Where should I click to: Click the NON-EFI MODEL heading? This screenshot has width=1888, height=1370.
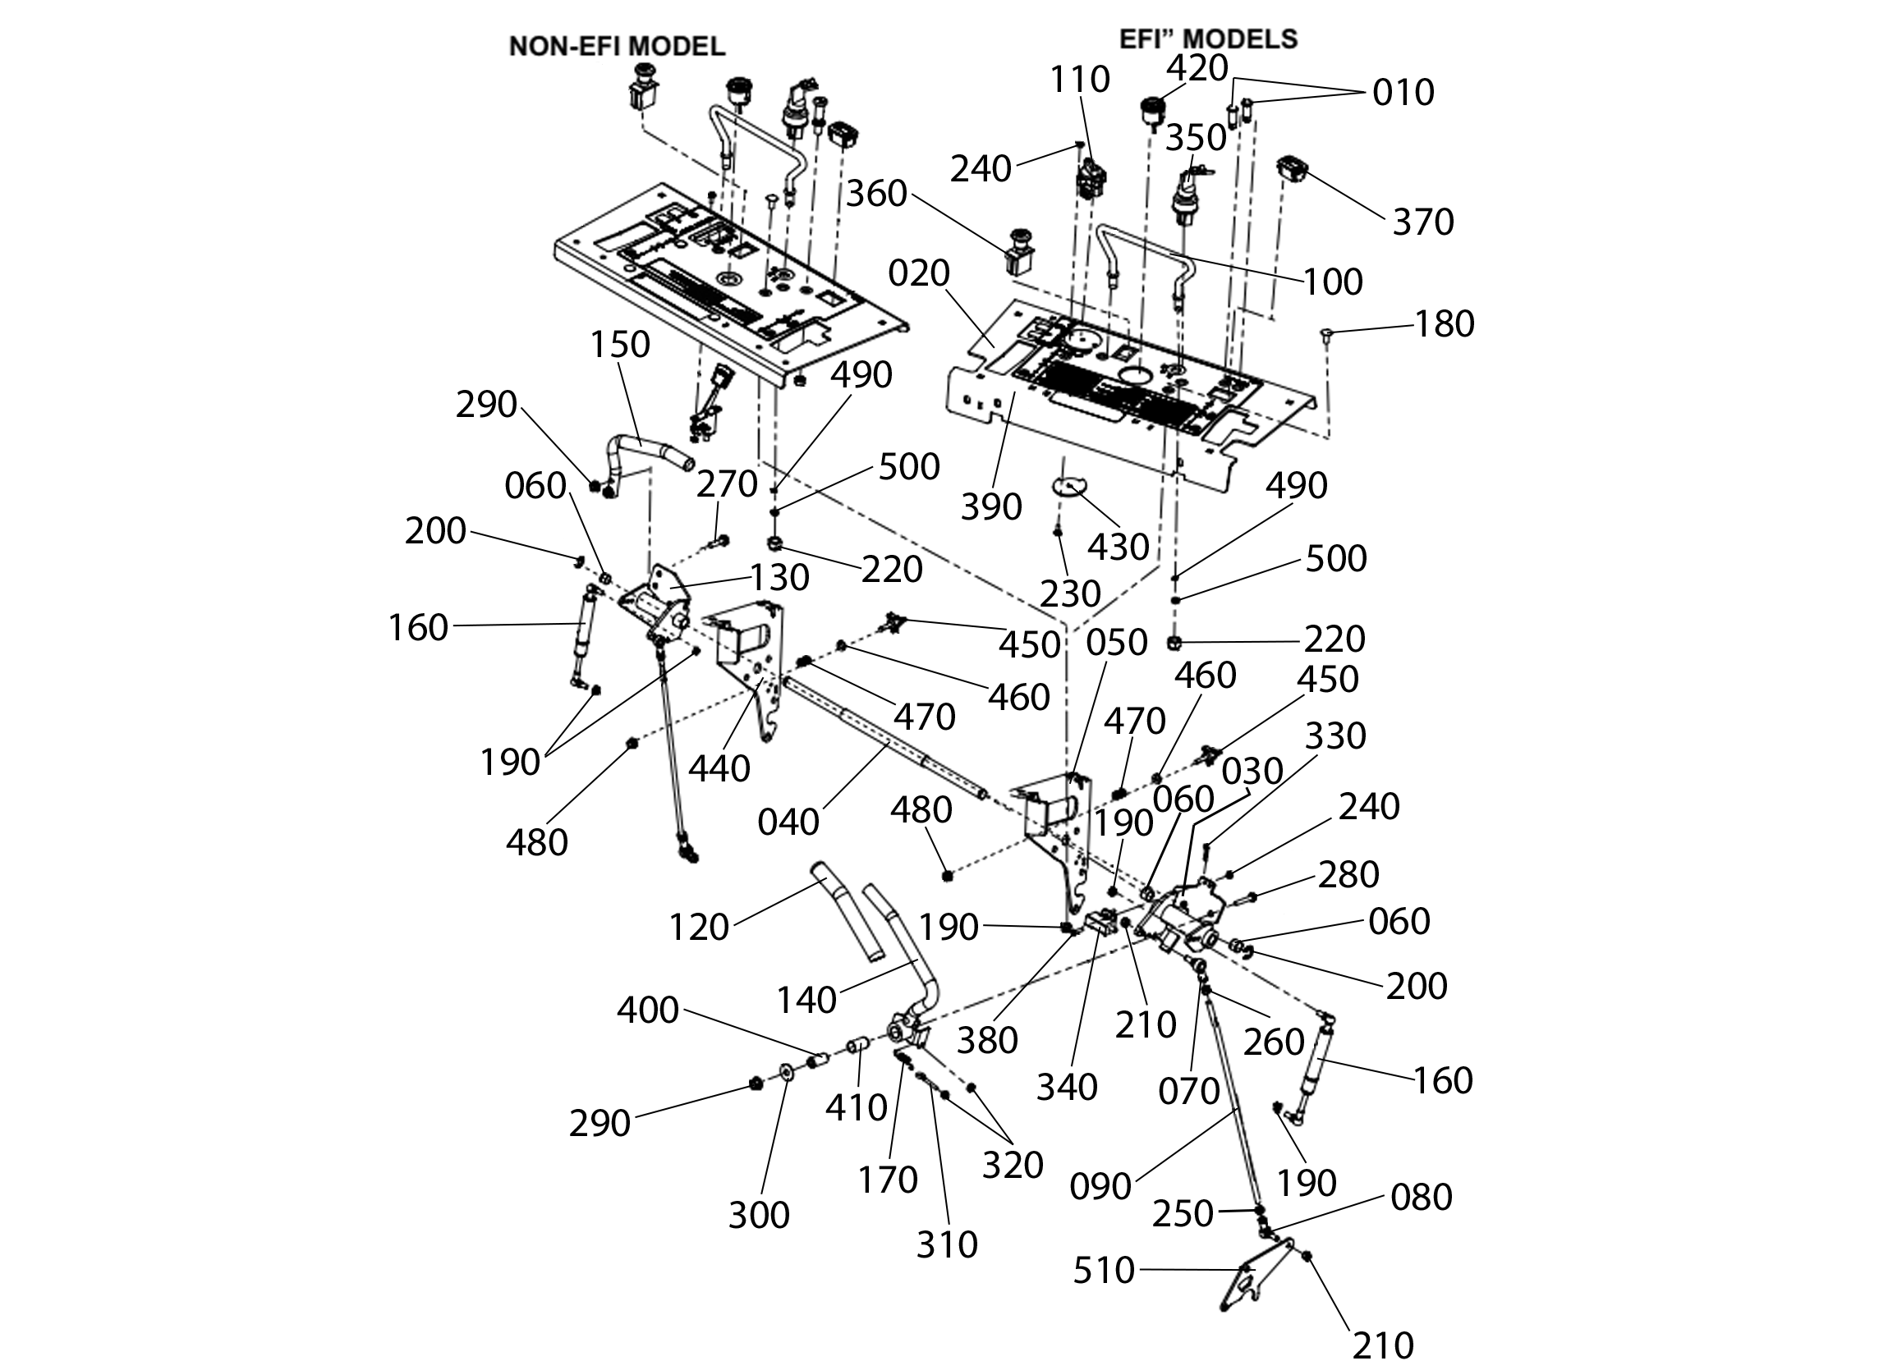(x=617, y=47)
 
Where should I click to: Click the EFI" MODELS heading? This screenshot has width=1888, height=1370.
(x=1208, y=39)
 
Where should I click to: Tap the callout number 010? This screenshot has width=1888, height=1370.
(x=1403, y=93)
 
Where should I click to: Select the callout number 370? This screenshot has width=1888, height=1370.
(x=1423, y=222)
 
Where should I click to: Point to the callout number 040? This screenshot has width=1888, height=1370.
(x=788, y=822)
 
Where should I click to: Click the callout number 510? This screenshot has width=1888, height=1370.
(x=1104, y=1271)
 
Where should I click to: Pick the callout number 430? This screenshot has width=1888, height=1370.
(x=1119, y=547)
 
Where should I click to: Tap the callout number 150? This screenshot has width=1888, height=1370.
(x=620, y=344)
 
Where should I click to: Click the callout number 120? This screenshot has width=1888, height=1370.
(x=698, y=928)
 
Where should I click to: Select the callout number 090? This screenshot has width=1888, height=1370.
(x=1100, y=1187)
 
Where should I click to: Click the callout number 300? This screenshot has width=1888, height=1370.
(x=758, y=1215)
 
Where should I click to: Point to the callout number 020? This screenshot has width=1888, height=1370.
(x=919, y=273)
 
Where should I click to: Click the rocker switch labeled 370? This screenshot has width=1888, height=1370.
(x=1293, y=172)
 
